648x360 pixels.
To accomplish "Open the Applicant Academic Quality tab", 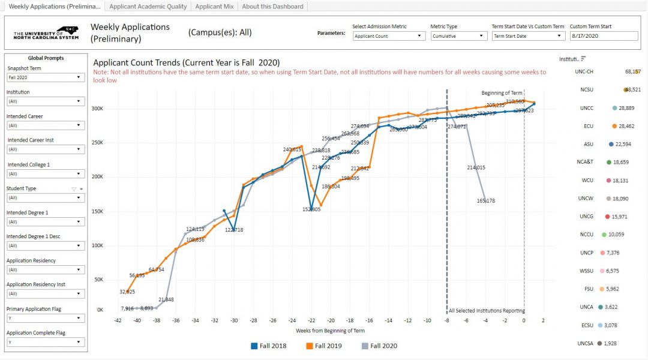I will (x=148, y=7).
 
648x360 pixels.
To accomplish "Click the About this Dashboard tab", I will (x=272, y=7).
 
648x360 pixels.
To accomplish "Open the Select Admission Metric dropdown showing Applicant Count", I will (x=388, y=36).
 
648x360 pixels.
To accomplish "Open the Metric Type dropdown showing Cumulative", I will (x=458, y=36).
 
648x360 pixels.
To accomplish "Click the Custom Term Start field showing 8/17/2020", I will (x=603, y=36).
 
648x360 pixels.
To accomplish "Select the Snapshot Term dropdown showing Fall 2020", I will (x=46, y=77).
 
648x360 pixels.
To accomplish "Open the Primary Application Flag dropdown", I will (x=46, y=318).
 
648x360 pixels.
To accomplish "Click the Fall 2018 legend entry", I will (x=268, y=346).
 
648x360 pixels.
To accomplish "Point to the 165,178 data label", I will (x=486, y=200).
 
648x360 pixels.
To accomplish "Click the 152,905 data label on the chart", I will (x=311, y=209).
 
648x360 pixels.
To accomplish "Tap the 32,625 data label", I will (x=127, y=292).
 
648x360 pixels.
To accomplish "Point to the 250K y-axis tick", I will (x=97, y=143).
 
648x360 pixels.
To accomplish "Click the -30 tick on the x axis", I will (x=234, y=321).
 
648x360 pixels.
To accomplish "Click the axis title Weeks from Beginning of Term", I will (x=330, y=331).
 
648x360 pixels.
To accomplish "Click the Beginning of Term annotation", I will (x=502, y=93).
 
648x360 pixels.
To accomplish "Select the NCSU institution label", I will (x=587, y=89).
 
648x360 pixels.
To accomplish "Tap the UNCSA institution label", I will (x=586, y=343).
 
